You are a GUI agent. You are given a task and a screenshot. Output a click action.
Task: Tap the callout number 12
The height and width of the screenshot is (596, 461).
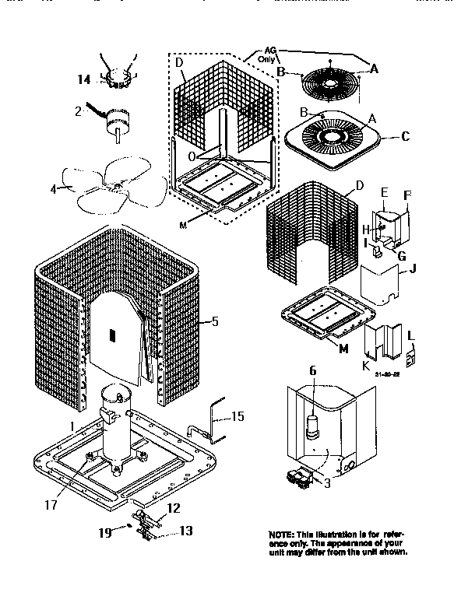(x=174, y=508)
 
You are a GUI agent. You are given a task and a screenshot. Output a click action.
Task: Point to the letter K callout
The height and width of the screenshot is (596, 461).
(x=366, y=363)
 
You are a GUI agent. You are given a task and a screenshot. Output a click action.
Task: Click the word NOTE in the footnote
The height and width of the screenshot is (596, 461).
(x=282, y=535)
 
